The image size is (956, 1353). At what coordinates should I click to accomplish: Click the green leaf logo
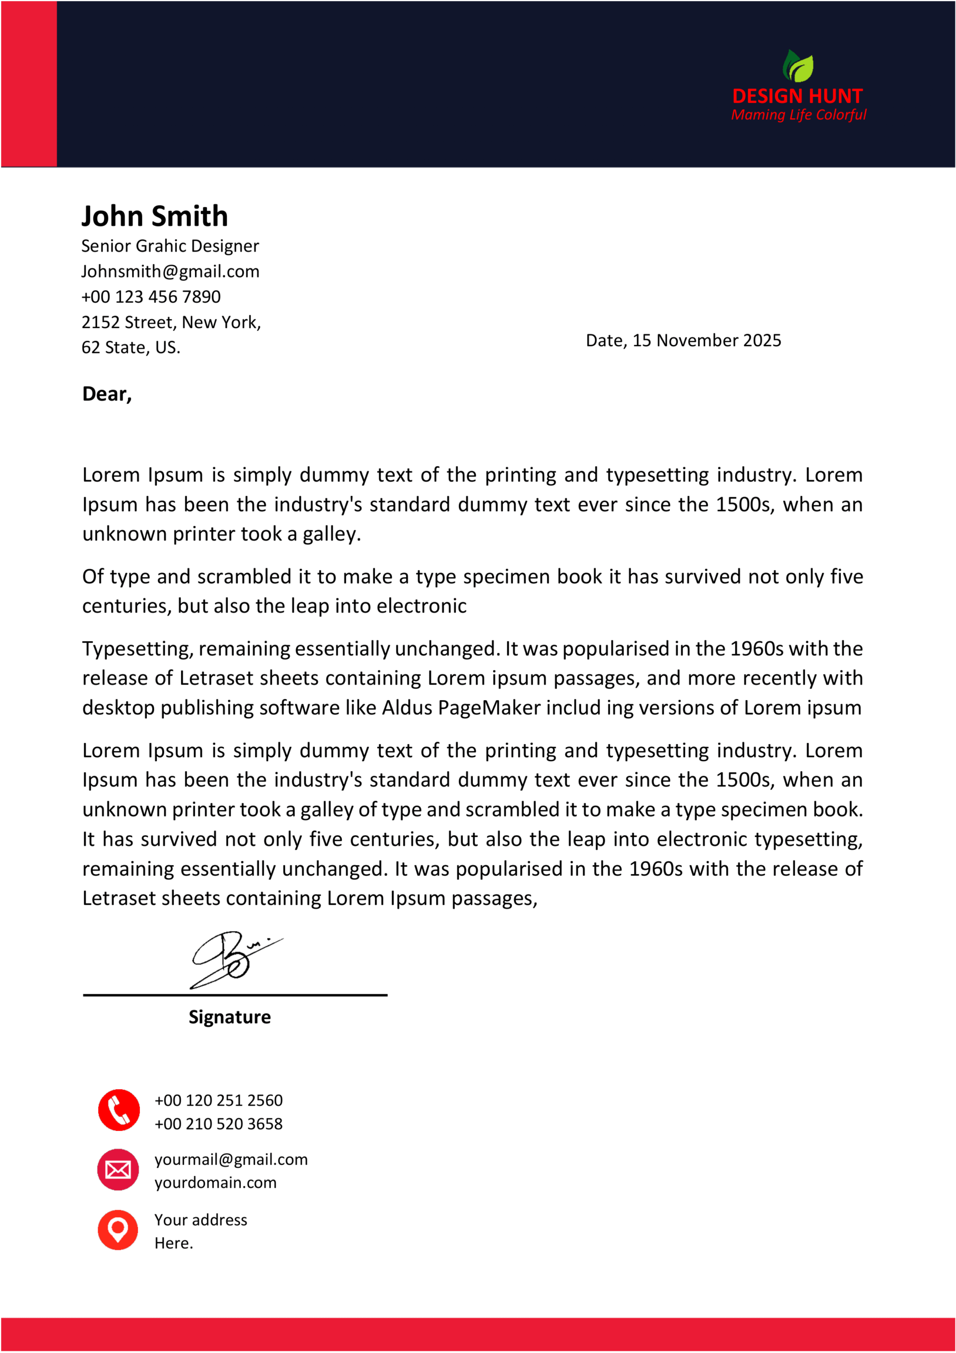pos(798,66)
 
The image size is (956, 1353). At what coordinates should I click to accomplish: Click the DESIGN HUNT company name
pos(797,96)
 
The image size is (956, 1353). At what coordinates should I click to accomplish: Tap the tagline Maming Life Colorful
pos(798,114)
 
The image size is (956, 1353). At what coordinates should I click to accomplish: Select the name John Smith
pos(154,216)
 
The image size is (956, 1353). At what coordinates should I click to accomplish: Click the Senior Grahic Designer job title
pos(170,246)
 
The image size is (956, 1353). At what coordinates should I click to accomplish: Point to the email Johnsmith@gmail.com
pos(170,271)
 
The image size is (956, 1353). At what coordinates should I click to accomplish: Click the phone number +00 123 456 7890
pos(151,296)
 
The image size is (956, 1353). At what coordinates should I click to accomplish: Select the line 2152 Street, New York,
pos(171,322)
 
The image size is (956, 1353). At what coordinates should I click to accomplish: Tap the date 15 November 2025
pos(706,340)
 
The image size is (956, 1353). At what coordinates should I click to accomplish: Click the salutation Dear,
pos(107,394)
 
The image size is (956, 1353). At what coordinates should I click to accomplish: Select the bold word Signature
pos(229,1016)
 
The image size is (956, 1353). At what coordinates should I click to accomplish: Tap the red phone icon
pos(119,1110)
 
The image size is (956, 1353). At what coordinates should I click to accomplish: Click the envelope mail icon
pos(118,1170)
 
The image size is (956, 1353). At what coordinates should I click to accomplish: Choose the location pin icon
pos(118,1230)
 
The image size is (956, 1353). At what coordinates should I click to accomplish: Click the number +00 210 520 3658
pos(219,1124)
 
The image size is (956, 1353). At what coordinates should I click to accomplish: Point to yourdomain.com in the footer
pos(215,1183)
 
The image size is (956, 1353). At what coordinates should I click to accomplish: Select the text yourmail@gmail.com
pos(231,1159)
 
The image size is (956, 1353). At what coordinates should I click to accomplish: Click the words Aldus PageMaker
pos(461,707)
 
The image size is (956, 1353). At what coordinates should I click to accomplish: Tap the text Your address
pos(200,1220)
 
